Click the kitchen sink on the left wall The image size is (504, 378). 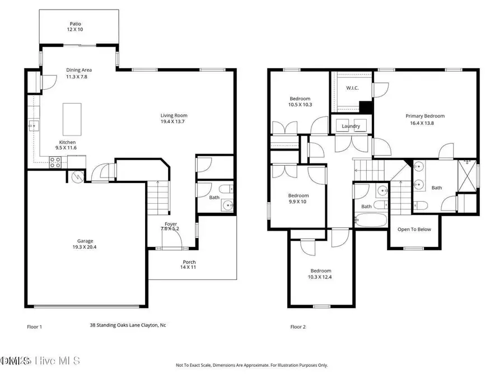click(x=34, y=125)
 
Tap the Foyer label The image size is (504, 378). click(x=171, y=227)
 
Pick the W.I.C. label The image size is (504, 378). click(x=352, y=87)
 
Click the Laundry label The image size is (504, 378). click(x=351, y=126)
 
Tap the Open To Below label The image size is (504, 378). click(x=414, y=230)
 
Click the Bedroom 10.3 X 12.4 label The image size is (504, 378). click(x=321, y=274)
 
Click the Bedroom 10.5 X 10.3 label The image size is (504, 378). click(x=300, y=101)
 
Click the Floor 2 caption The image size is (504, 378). click(x=298, y=327)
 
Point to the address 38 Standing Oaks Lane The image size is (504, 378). click(x=128, y=325)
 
